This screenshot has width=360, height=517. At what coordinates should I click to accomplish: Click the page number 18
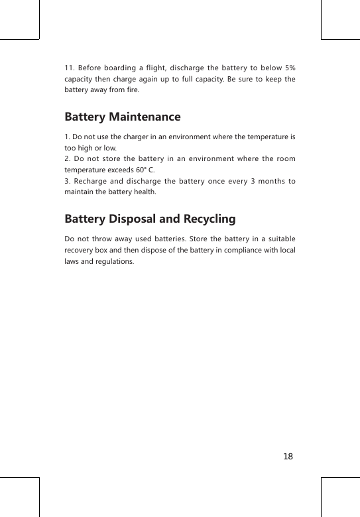(x=287, y=457)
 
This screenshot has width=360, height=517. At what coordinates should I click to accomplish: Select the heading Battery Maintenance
(x=122, y=117)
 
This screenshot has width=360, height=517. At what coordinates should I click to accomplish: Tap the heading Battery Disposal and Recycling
(x=150, y=219)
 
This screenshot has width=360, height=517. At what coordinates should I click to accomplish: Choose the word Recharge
(x=95, y=181)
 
